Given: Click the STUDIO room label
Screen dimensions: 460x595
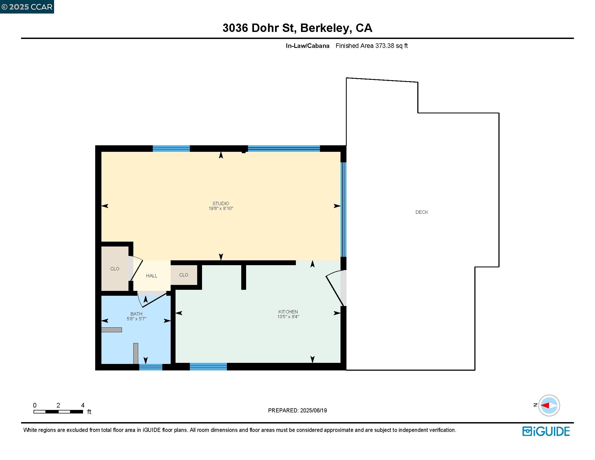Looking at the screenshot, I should point(221,203).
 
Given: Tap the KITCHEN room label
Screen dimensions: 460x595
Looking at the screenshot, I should point(288,311).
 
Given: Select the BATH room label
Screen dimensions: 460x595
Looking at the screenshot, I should point(136,314).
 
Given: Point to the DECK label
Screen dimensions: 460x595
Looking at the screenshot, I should point(421,212).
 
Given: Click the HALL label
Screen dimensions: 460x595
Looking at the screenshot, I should point(151,276).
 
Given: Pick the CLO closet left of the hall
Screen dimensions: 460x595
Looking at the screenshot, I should point(115,269).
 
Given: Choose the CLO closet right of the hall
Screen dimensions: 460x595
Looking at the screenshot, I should point(184,275).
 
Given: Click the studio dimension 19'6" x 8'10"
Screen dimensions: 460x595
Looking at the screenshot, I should point(221,208).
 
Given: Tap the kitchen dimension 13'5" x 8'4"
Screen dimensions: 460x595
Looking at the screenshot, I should point(288,317).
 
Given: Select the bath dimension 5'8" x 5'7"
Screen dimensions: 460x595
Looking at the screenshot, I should point(136,318).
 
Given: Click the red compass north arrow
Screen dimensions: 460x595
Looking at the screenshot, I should point(545,406).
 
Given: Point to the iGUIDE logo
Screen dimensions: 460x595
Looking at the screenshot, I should point(546,431).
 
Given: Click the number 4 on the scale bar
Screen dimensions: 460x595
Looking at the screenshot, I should point(83,405).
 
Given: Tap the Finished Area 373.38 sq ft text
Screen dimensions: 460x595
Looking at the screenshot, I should point(371,46).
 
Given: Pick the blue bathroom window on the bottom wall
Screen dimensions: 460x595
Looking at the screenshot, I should point(151,367).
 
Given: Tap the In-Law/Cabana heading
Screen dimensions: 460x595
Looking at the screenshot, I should point(307,46).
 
